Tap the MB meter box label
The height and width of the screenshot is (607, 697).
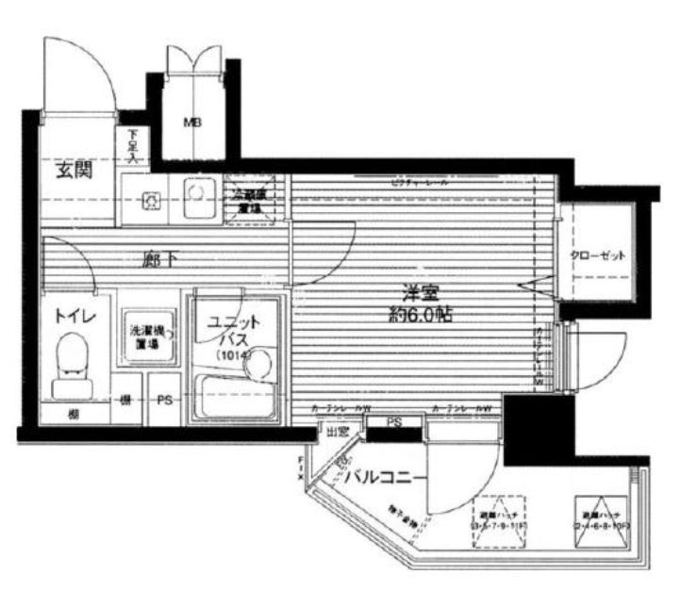coord(191,122)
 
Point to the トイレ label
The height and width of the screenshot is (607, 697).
coord(73,317)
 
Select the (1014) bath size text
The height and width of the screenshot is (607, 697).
coord(232,355)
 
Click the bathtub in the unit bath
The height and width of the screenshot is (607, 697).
coord(233,396)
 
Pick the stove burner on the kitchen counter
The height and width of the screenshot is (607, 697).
coord(150,199)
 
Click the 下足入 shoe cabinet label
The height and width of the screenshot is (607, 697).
coord(133,146)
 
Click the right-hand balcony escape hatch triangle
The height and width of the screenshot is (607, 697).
coord(599,509)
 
